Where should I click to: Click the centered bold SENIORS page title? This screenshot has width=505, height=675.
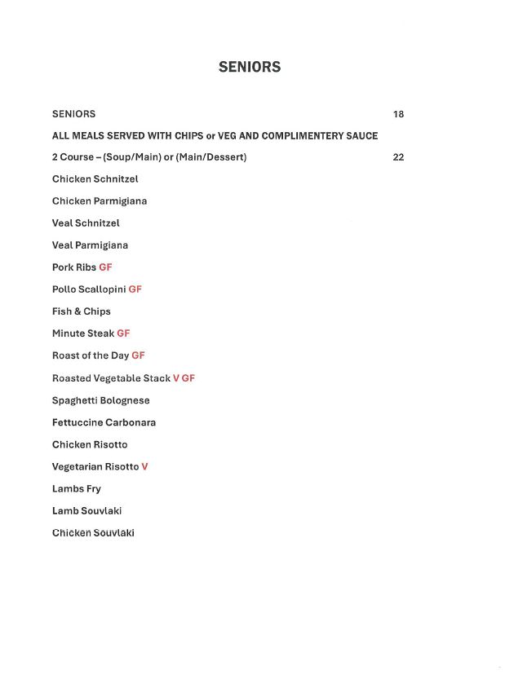250,68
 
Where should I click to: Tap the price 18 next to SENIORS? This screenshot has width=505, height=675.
398,114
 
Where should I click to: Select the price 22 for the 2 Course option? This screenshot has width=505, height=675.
398,157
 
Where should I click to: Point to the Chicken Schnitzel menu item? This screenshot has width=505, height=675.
95,179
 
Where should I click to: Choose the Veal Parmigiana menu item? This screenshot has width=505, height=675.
90,245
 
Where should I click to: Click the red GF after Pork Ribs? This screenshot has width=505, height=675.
105,267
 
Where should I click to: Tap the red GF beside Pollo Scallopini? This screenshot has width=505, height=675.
135,289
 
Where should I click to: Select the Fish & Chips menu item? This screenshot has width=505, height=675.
82,311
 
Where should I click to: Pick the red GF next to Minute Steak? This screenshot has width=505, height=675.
123,333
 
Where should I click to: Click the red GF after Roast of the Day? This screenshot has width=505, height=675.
138,355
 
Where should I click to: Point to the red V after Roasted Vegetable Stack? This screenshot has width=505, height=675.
175,378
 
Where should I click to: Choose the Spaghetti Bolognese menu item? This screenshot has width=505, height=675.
101,400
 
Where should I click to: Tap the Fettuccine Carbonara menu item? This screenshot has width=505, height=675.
104,422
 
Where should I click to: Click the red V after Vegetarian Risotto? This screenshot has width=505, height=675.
144,466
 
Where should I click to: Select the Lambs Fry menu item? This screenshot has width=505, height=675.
77,489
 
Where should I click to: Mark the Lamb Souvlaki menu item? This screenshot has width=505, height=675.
87,511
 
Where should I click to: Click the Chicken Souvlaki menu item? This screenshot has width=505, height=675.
93,533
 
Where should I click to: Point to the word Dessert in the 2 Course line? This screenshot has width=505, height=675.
225,157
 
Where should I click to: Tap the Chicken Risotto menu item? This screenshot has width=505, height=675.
90,444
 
